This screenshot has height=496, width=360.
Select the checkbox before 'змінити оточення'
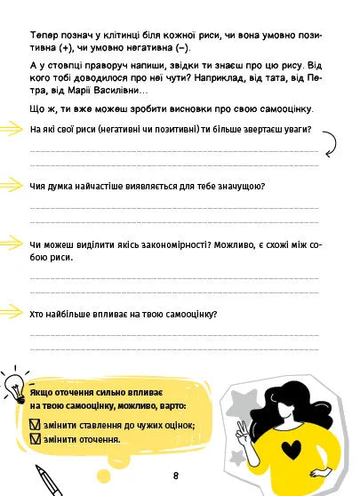click(x=35, y=439)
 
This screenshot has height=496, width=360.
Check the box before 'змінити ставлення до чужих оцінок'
click(x=35, y=424)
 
